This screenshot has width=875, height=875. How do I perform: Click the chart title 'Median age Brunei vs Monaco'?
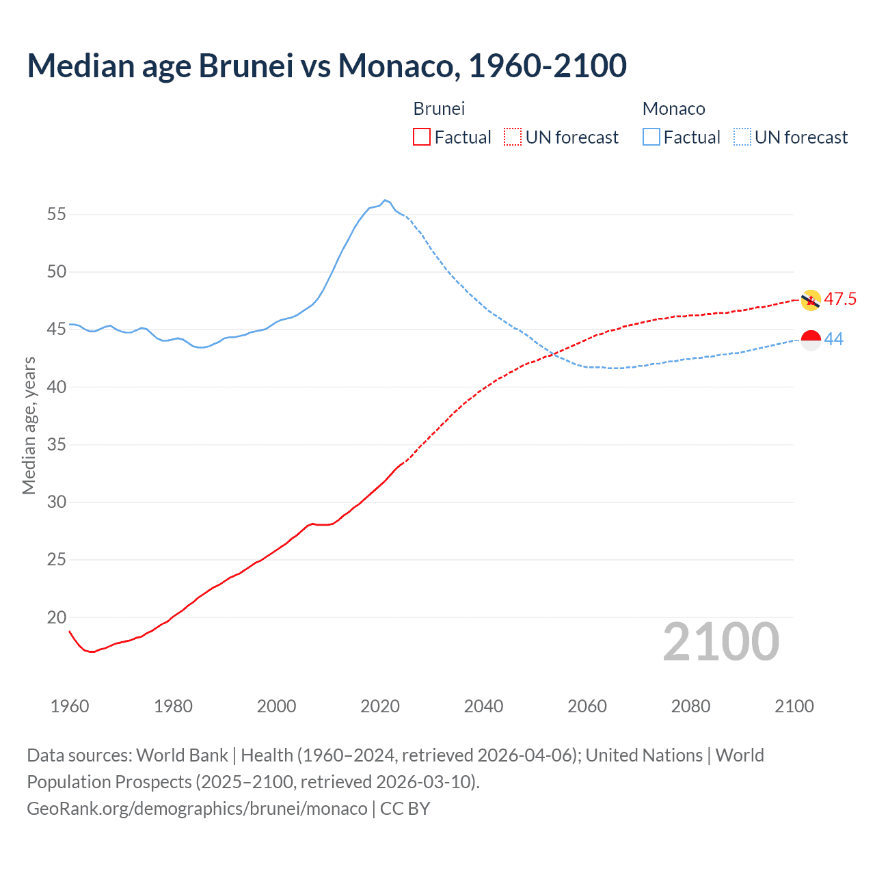click(326, 66)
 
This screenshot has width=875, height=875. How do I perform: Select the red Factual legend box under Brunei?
click(422, 137)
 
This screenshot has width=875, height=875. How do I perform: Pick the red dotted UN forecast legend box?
click(513, 137)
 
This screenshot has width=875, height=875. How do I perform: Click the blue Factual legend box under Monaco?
click(651, 137)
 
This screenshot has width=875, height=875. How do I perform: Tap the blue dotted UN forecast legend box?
click(742, 137)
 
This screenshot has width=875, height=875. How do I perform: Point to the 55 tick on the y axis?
click(57, 215)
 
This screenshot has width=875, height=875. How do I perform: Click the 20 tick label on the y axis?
click(57, 617)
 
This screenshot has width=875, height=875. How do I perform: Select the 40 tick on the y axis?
click(57, 387)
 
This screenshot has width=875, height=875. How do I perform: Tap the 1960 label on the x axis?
click(70, 706)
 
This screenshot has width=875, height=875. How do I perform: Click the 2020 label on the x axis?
click(380, 706)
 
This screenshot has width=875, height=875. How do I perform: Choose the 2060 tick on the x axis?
click(587, 706)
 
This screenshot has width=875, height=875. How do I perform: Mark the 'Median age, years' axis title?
click(29, 425)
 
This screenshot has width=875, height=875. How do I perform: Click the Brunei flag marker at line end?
click(811, 300)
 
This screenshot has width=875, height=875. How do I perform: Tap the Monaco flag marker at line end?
click(811, 340)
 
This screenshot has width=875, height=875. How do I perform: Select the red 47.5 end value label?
click(840, 299)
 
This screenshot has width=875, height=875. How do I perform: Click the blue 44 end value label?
click(834, 340)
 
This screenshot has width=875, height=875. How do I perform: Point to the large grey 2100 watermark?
click(721, 642)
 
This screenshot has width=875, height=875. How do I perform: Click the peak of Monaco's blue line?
click(385, 200)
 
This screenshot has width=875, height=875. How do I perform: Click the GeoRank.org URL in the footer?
click(197, 809)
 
